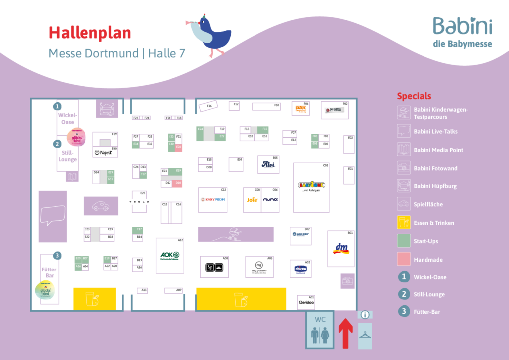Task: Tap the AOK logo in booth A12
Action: (x=170, y=256)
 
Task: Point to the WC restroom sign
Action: (x=320, y=330)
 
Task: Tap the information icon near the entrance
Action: (x=365, y=315)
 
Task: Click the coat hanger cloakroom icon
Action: (x=365, y=336)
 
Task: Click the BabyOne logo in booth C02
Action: (x=311, y=186)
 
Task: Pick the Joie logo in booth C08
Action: (x=253, y=200)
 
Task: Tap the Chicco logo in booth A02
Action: (x=301, y=269)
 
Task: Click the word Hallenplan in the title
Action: (x=89, y=33)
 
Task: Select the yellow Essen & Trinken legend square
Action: (x=403, y=223)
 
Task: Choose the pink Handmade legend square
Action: (x=403, y=259)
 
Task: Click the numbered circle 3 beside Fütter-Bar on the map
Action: (x=58, y=256)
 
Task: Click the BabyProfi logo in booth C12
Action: (x=213, y=200)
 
